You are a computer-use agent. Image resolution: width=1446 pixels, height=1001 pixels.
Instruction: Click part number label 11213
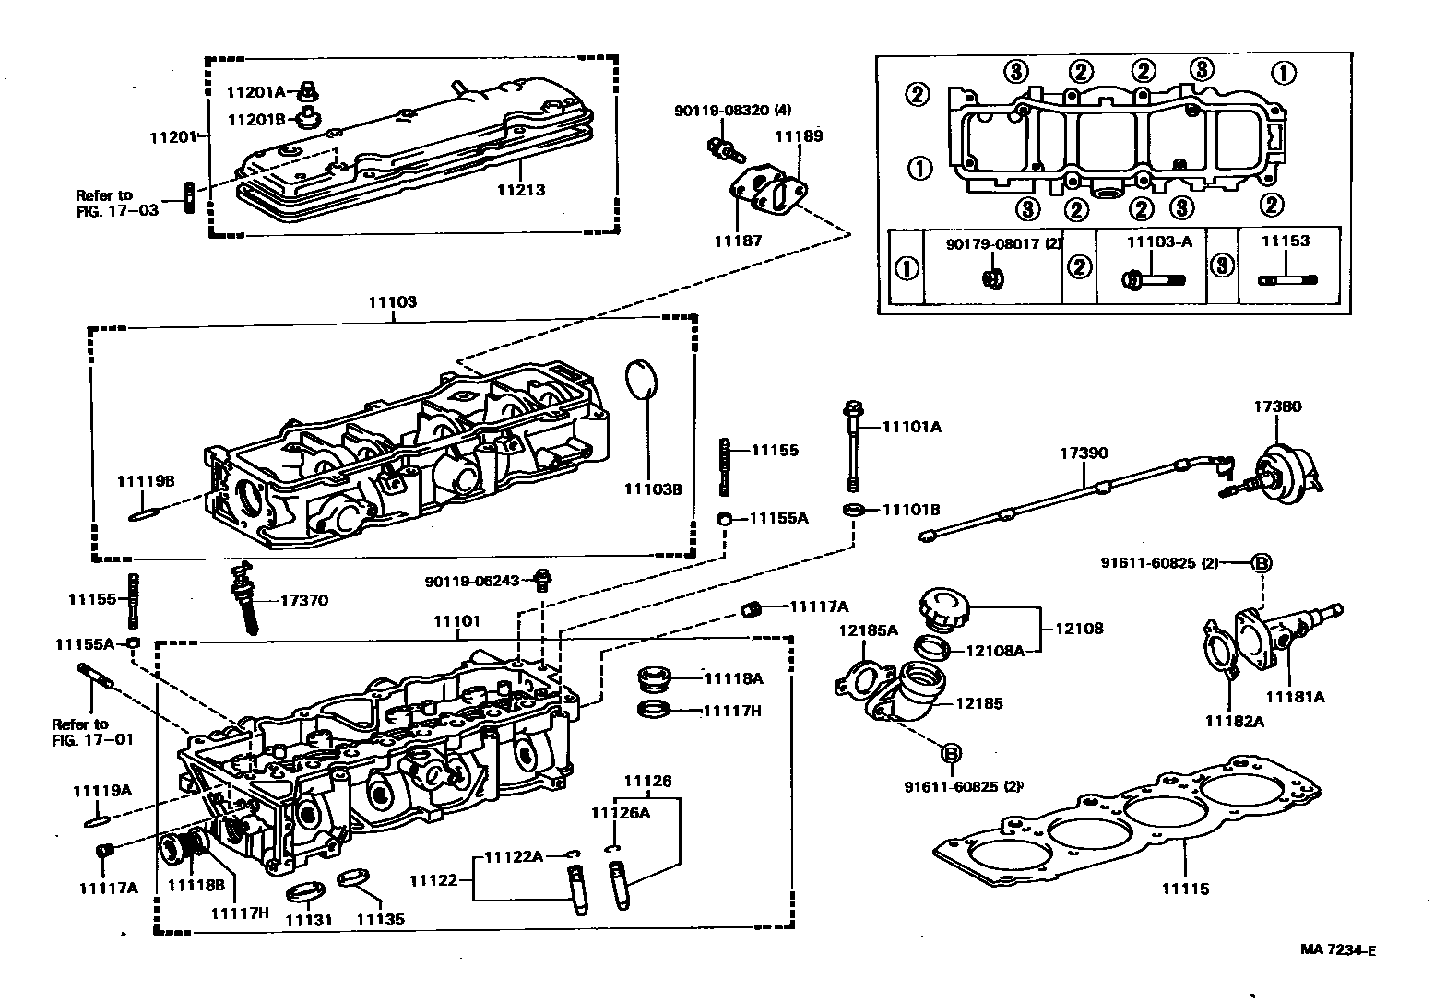click(x=521, y=191)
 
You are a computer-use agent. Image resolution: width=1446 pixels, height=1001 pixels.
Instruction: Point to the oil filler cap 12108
click(x=942, y=610)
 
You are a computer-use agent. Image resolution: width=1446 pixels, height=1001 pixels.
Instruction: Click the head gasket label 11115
click(x=1185, y=889)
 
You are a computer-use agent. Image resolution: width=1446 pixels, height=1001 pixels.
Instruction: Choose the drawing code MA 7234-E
click(x=1338, y=950)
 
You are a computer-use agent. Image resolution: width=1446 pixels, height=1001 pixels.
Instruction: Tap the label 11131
click(x=307, y=920)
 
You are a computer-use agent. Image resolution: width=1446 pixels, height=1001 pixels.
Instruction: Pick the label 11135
click(x=380, y=920)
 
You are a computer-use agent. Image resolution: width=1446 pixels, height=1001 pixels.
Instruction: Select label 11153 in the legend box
click(x=1286, y=241)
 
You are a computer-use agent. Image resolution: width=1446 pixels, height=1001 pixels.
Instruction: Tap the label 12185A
click(x=868, y=630)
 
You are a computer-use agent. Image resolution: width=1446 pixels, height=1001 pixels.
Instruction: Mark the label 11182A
click(x=1234, y=721)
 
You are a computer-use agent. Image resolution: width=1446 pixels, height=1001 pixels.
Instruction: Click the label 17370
click(x=303, y=600)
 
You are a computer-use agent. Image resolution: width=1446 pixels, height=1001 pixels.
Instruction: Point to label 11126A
click(x=621, y=812)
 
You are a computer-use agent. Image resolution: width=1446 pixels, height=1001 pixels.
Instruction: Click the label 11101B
click(x=911, y=510)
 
